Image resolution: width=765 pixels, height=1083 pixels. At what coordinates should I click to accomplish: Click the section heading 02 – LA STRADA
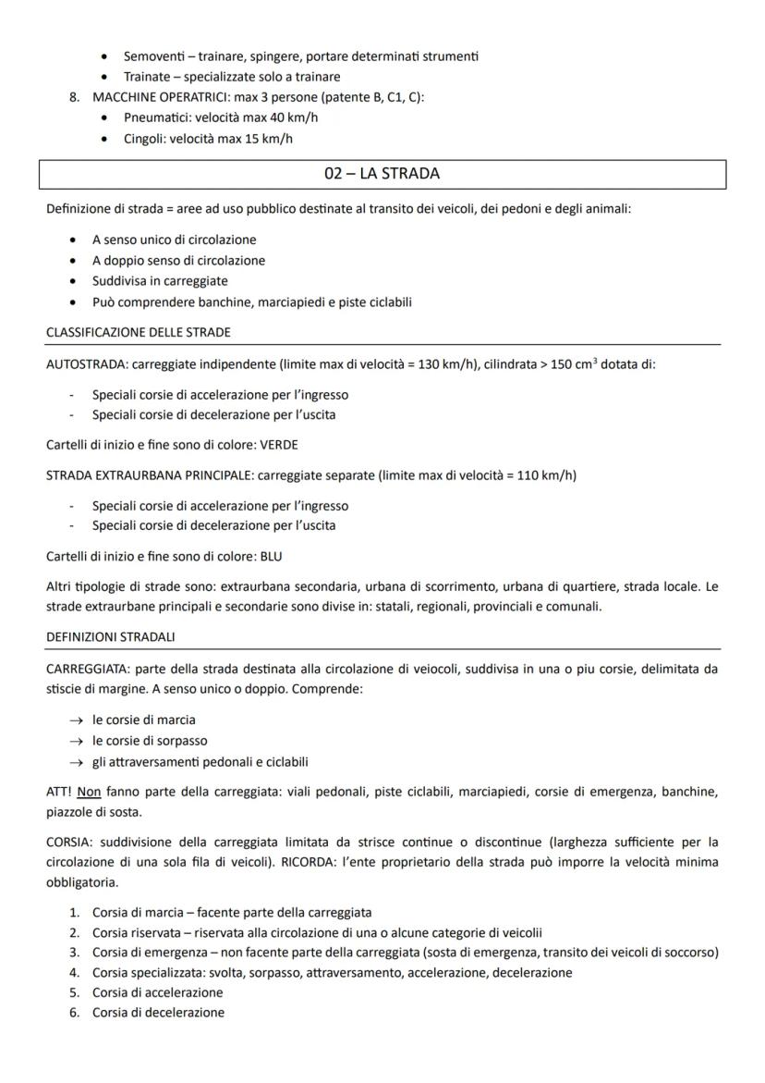click(382, 174)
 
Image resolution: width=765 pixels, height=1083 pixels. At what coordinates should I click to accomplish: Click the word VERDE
click(280, 445)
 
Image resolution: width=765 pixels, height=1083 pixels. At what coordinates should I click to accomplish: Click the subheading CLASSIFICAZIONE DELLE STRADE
click(139, 332)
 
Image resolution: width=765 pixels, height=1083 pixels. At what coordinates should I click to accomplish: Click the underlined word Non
click(88, 792)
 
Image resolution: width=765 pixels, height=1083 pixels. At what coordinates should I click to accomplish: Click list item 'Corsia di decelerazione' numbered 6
click(158, 1013)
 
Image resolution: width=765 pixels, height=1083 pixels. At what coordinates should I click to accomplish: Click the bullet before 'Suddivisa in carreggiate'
click(73, 281)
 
